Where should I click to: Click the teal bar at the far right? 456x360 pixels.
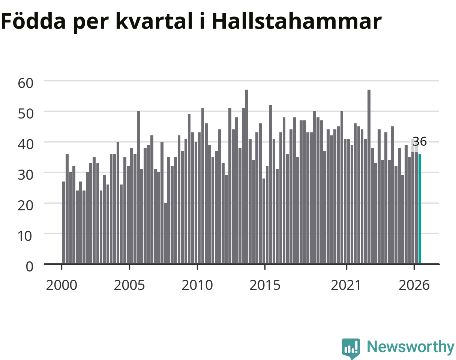(x=420, y=209)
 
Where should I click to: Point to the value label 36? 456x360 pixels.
(x=420, y=141)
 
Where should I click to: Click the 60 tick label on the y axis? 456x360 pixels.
(x=25, y=83)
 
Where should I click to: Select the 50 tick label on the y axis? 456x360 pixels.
(x=25, y=114)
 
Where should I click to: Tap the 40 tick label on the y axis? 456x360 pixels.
(x=25, y=144)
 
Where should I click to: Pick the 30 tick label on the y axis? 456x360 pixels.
(x=25, y=175)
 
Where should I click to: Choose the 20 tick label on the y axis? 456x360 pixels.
(x=25, y=205)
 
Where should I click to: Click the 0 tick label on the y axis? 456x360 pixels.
(x=30, y=267)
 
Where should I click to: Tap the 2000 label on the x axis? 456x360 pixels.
(x=61, y=285)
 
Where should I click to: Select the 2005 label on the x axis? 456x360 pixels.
(x=129, y=285)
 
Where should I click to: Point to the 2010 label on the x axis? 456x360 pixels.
(x=197, y=285)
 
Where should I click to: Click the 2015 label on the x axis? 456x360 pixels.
(x=265, y=285)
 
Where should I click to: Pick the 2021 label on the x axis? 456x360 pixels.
(x=346, y=285)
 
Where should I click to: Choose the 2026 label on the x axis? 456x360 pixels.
(x=414, y=285)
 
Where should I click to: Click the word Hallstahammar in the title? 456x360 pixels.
(x=297, y=21)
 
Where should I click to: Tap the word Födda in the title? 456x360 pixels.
(x=33, y=21)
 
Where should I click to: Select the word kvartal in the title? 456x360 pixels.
(x=154, y=21)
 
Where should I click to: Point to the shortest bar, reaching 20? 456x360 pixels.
(x=165, y=233)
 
